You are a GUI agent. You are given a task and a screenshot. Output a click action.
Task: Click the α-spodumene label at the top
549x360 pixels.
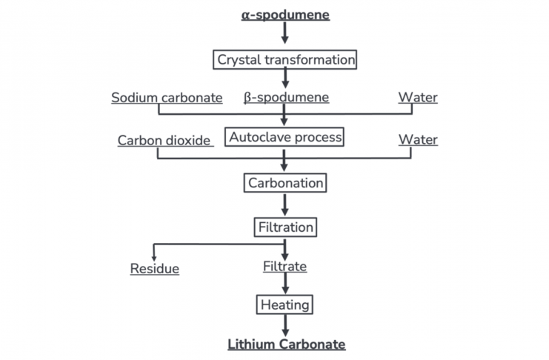pyautogui.click(x=285, y=15)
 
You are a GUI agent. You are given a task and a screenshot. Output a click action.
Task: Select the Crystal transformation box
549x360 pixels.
pyautogui.click(x=285, y=59)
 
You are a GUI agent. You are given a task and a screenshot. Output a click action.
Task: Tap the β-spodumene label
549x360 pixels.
pyautogui.click(x=286, y=97)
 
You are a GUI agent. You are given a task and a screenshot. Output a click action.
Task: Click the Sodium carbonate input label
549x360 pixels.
pyautogui.click(x=167, y=97)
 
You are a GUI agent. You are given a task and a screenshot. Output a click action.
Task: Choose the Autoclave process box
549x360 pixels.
pyautogui.click(x=285, y=137)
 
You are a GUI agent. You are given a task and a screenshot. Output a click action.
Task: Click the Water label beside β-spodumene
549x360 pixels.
pyautogui.click(x=417, y=97)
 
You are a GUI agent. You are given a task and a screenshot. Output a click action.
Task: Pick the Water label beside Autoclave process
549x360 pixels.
pyautogui.click(x=417, y=140)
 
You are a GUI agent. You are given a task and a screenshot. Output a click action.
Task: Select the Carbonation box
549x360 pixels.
pyautogui.click(x=285, y=182)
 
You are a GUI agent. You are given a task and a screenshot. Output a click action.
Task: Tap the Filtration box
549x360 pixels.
pyautogui.click(x=285, y=227)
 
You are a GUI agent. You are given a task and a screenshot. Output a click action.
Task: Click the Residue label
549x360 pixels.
pyautogui.click(x=155, y=269)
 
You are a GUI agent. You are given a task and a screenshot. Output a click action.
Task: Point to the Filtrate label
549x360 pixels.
pyautogui.click(x=285, y=267)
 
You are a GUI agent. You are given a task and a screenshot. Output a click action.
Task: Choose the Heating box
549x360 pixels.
pyautogui.click(x=285, y=304)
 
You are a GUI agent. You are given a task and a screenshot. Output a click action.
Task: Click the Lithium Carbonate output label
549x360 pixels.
pyautogui.click(x=286, y=344)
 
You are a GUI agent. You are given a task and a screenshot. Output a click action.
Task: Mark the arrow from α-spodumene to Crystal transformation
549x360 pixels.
pyautogui.click(x=285, y=34)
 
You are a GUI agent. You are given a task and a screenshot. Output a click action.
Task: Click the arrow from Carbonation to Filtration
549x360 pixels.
pyautogui.click(x=285, y=204)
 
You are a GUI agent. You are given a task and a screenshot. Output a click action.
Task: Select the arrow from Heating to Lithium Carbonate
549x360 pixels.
pyautogui.click(x=285, y=324)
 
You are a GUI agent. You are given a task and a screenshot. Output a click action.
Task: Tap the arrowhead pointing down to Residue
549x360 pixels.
pyautogui.click(x=153, y=256)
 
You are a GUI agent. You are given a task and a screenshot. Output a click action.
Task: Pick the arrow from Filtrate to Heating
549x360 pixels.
pyautogui.click(x=285, y=284)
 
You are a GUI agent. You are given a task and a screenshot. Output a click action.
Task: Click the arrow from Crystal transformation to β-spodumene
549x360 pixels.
pyautogui.click(x=285, y=79)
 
